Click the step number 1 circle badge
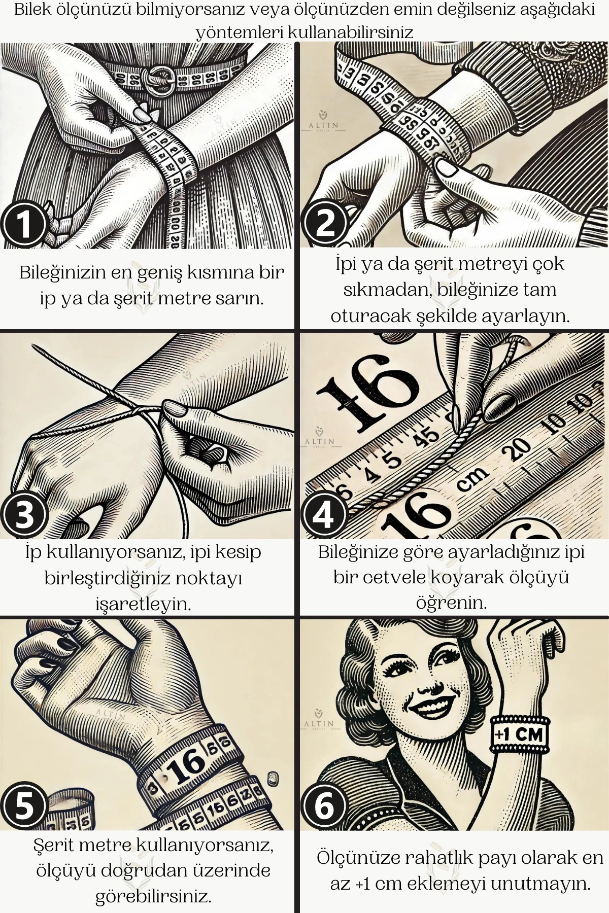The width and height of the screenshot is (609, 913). [x=24, y=225]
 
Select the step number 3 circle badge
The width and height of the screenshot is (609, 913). [x=24, y=514]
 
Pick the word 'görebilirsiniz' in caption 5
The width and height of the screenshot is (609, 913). [x=153, y=897]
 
